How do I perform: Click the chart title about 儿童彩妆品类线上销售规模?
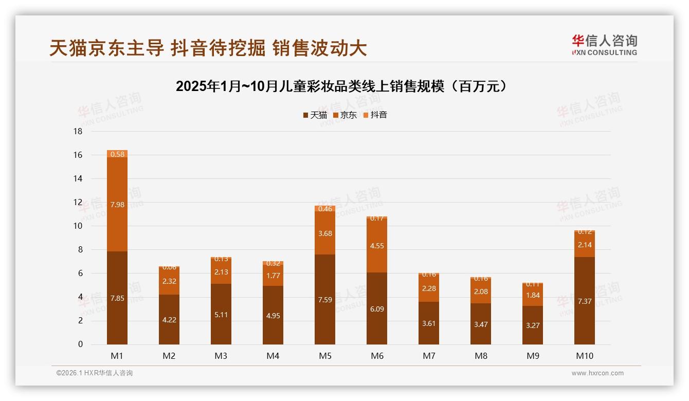(343, 86)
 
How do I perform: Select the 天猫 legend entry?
(315, 115)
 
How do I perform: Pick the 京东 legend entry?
(345, 115)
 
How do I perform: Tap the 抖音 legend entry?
(375, 115)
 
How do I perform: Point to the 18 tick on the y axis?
(78, 132)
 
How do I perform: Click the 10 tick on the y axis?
(78, 226)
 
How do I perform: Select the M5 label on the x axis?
(325, 356)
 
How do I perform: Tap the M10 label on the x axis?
(585, 356)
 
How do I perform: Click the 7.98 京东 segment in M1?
(117, 205)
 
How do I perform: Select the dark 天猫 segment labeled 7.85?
(117, 298)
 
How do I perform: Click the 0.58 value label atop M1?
(117, 154)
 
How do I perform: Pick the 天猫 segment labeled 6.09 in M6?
(377, 308)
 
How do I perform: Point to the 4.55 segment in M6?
(377, 246)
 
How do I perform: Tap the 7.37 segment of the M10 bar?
(585, 301)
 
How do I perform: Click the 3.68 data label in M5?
(325, 233)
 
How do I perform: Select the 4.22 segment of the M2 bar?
(169, 319)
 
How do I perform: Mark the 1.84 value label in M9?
(533, 295)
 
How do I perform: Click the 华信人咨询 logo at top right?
(604, 45)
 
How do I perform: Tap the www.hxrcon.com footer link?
(597, 373)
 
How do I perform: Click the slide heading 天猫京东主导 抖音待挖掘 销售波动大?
(208, 48)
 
